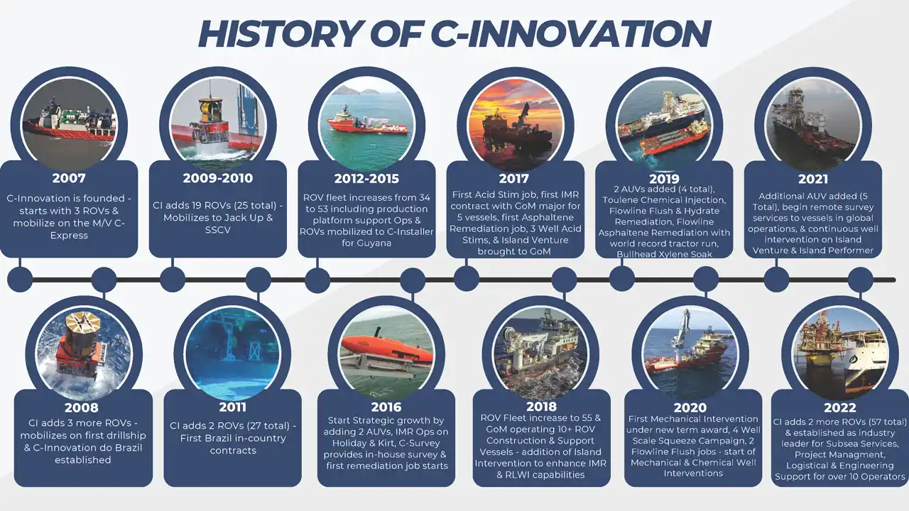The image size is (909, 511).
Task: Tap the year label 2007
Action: (69, 178)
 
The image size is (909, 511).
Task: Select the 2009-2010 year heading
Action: (218, 178)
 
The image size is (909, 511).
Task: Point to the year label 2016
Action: (386, 407)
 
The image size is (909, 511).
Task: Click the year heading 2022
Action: (840, 407)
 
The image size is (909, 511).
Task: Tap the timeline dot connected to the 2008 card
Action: (104, 280)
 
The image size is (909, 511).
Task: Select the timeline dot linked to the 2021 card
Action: (776, 280)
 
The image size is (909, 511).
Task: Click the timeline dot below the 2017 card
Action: (467, 279)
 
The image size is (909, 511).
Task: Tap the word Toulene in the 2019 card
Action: (620, 200)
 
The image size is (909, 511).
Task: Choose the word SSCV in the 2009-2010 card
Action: (218, 230)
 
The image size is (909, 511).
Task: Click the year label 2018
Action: (541, 407)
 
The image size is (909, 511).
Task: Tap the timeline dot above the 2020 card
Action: (706, 279)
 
